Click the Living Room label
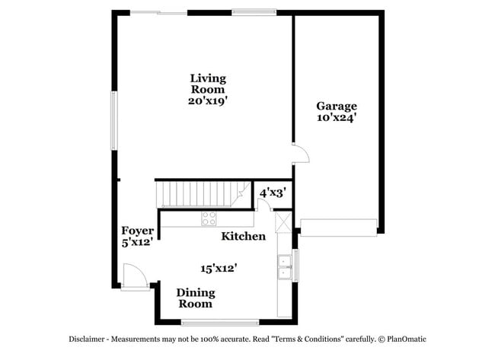coord(208,83)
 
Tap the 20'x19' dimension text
coord(208,100)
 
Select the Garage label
coord(336,106)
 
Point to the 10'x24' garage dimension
coord(336,118)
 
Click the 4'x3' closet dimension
coord(272,193)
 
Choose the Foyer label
coord(138,231)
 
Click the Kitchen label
coord(243,237)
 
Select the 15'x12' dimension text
coord(219,268)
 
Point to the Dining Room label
coord(196,298)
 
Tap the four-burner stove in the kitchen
coord(209,219)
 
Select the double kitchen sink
coord(285,263)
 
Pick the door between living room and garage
coord(301,153)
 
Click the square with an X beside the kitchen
coord(283,222)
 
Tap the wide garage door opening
coord(338,227)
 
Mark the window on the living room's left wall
coord(115,122)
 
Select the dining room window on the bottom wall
coord(220,322)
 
